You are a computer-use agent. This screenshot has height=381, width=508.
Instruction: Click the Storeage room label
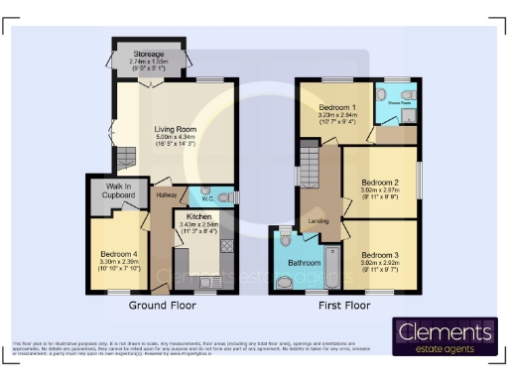coord(149,54)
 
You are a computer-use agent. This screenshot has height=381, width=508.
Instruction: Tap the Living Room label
coord(174,129)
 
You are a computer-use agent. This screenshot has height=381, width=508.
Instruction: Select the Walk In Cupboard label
coord(113,189)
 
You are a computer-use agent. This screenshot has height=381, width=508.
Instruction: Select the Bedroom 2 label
coord(379,183)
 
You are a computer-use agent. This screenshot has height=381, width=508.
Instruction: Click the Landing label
coord(317,221)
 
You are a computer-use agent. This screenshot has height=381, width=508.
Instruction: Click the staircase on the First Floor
coord(309,164)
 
